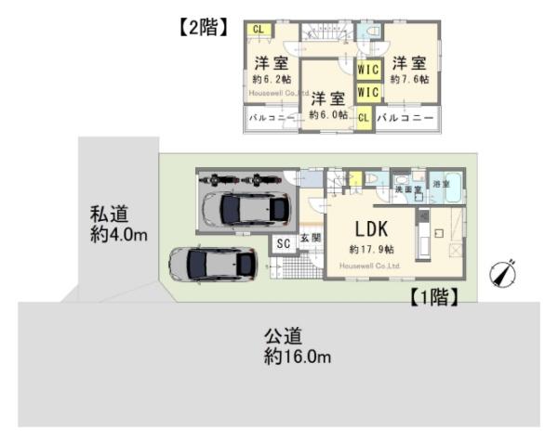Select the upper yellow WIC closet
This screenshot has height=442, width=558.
pyautogui.click(x=368, y=70)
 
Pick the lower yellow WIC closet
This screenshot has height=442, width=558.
pyautogui.click(x=368, y=92)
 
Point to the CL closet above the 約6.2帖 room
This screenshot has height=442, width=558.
pyautogui.click(x=258, y=30)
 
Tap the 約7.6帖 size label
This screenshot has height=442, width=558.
pyautogui.click(x=409, y=80)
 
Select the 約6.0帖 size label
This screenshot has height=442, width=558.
pyautogui.click(x=328, y=114)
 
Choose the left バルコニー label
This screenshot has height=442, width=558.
pyautogui.click(x=272, y=119)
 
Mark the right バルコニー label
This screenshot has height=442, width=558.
pyautogui.click(x=405, y=118)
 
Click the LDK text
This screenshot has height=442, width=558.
pyautogui.click(x=371, y=229)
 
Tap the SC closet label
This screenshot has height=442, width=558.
pyautogui.click(x=283, y=242)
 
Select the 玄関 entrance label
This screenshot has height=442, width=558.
pyautogui.click(x=311, y=239)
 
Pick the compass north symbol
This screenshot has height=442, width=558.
pyautogui.click(x=502, y=275)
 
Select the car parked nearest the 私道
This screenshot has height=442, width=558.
pyautogui.click(x=211, y=263)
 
